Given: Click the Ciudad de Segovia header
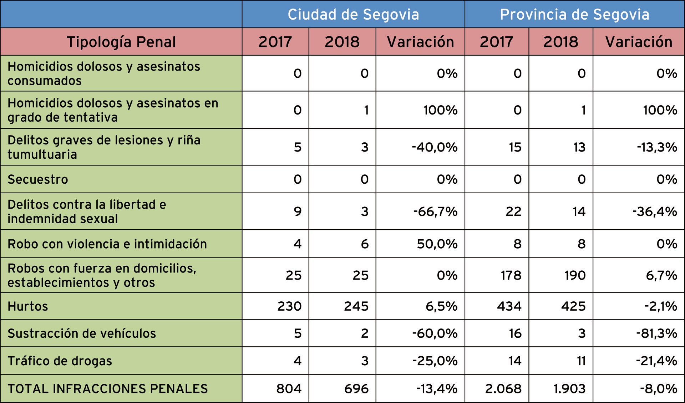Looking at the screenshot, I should point(353,15).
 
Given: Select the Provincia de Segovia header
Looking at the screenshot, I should point(574,15).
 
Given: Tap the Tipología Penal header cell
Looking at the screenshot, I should point(121,42).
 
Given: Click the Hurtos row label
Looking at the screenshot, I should point(28,306).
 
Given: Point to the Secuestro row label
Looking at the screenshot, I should point(38,179).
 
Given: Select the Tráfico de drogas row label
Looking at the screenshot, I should point(60,361).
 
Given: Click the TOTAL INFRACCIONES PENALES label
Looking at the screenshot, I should point(108,389).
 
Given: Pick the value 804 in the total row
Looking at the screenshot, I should point(289,389).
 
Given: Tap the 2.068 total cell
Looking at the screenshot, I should point(503,389).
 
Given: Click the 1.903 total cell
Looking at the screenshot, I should point(569,389).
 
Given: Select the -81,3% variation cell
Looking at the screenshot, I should point(656,333).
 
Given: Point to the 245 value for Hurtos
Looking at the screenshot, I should point(356,306).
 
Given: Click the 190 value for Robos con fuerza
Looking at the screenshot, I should point(575,275).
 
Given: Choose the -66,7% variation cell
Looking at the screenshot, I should point(435,211).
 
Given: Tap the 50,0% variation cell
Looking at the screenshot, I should point(437,244).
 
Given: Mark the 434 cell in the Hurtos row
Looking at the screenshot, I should point(509,306).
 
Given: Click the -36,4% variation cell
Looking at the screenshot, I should point(655,211).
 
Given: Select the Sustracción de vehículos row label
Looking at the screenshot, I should point(82,333).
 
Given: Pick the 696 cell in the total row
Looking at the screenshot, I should point(356,389).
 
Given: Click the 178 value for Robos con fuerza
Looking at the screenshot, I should point(511,275).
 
